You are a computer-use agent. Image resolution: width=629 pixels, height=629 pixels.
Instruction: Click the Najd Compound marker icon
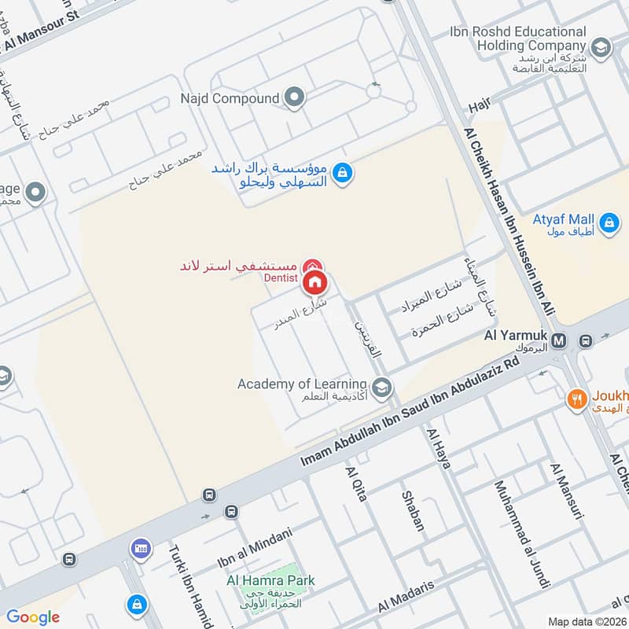295,98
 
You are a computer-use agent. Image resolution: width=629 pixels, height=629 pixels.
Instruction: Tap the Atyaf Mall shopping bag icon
608,224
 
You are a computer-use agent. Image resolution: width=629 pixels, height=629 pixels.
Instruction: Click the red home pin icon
314,281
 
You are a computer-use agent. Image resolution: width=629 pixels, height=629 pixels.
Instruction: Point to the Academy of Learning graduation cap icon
381,386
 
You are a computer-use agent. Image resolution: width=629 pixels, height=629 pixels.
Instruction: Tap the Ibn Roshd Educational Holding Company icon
601,49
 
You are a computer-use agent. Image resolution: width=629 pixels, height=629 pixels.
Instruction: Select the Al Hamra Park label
270,580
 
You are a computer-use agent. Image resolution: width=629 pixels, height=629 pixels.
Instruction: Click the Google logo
33,617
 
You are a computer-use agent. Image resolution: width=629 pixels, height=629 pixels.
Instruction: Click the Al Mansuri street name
568,492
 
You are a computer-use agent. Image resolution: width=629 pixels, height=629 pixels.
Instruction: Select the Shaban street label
413,511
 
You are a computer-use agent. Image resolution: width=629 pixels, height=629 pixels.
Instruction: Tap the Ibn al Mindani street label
254,550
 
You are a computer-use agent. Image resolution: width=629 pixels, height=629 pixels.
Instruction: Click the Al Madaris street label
406,597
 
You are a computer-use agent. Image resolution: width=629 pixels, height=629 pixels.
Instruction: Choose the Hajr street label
478,105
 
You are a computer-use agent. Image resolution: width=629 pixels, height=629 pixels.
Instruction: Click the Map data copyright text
587,621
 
